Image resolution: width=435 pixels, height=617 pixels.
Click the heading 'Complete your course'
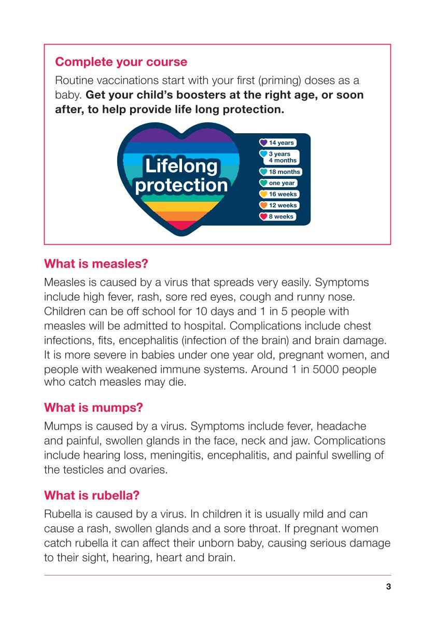pyautogui.click(x=121, y=62)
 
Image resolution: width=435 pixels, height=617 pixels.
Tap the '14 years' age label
pyautogui.click(x=281, y=143)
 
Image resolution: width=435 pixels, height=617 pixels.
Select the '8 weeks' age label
pyautogui.click(x=281, y=217)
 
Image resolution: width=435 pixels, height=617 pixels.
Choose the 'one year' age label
pyautogui.click(x=282, y=183)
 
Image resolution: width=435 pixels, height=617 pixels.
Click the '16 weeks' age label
pyautogui.click(x=283, y=194)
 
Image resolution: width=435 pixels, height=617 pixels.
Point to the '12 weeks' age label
pyautogui.click(x=283, y=205)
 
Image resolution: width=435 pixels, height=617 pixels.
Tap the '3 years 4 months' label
pyautogui.click(x=283, y=157)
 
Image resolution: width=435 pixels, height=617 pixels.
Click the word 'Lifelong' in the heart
pyautogui.click(x=181, y=166)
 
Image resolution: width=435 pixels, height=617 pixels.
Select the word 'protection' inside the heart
pyautogui.click(x=181, y=185)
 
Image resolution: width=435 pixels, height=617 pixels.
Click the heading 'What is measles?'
pyautogui.click(x=96, y=263)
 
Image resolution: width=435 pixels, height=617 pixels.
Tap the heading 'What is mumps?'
pyautogui.click(x=93, y=408)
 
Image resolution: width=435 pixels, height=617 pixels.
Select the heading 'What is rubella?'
pyautogui.click(x=92, y=495)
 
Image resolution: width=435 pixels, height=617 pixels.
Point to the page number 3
pyautogui.click(x=388, y=587)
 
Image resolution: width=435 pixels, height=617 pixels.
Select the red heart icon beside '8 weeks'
pyautogui.click(x=263, y=217)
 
